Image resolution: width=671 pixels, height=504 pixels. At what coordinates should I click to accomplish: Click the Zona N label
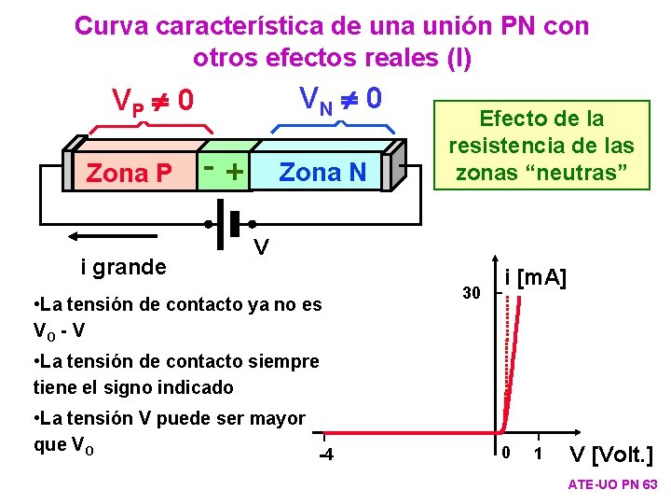pos(322,172)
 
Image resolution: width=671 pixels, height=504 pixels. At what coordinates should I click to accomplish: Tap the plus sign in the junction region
pos(235,172)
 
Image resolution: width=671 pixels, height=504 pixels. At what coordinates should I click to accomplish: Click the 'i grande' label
pos(123,268)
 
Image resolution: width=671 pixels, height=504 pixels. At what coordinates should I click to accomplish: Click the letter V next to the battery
pos(263,247)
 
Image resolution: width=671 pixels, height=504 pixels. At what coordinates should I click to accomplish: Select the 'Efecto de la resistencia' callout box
pos(541,145)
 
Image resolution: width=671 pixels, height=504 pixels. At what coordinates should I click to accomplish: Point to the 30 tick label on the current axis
pos(472,294)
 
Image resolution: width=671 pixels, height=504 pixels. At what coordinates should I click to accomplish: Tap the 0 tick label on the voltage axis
pos(503,454)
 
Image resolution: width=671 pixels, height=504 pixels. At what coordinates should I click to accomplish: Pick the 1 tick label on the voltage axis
pos(539,454)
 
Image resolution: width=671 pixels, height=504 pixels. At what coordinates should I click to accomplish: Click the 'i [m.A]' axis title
pos(536,277)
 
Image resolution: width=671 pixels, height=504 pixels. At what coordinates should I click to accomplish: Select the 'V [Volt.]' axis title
pos(611,455)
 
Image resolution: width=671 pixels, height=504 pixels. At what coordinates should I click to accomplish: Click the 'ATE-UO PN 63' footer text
pos(612,485)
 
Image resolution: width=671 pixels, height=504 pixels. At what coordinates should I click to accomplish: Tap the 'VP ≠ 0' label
pos(152,99)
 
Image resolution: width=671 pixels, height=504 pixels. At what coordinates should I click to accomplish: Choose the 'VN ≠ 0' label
pos(339,95)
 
